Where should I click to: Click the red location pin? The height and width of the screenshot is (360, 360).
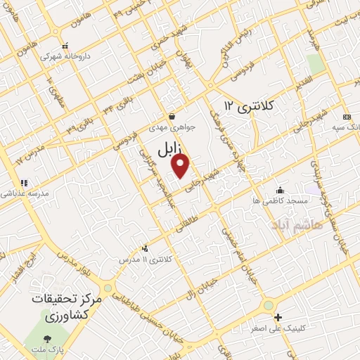181,165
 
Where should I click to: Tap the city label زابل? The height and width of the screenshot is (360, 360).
169,148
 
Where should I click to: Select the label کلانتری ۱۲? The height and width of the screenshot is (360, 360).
248,105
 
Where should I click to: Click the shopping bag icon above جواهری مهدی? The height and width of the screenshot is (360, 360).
172,117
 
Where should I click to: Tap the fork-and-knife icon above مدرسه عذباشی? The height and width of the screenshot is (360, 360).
25,182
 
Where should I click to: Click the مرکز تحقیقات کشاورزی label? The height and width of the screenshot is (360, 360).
67,307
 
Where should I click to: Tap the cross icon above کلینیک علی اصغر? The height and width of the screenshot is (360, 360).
278,318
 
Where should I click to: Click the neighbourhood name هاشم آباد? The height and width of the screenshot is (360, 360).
301,224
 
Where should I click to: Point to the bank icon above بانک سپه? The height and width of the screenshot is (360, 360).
347,116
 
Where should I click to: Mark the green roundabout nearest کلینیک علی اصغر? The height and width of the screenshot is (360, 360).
268,305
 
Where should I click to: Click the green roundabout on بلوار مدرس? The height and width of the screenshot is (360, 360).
108,288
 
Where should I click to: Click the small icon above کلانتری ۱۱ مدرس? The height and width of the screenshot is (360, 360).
145,247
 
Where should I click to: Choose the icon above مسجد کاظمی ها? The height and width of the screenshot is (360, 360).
280,190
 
